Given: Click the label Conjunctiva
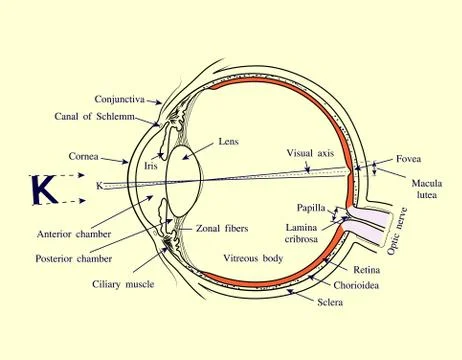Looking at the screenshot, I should (119, 99).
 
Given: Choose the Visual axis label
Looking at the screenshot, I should (311, 154).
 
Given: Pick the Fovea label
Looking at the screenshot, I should (408, 159).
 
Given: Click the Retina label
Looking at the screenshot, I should (365, 271).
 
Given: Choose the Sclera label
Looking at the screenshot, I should (329, 300).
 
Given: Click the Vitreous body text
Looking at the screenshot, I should (254, 257).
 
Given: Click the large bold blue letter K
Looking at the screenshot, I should (43, 189).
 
